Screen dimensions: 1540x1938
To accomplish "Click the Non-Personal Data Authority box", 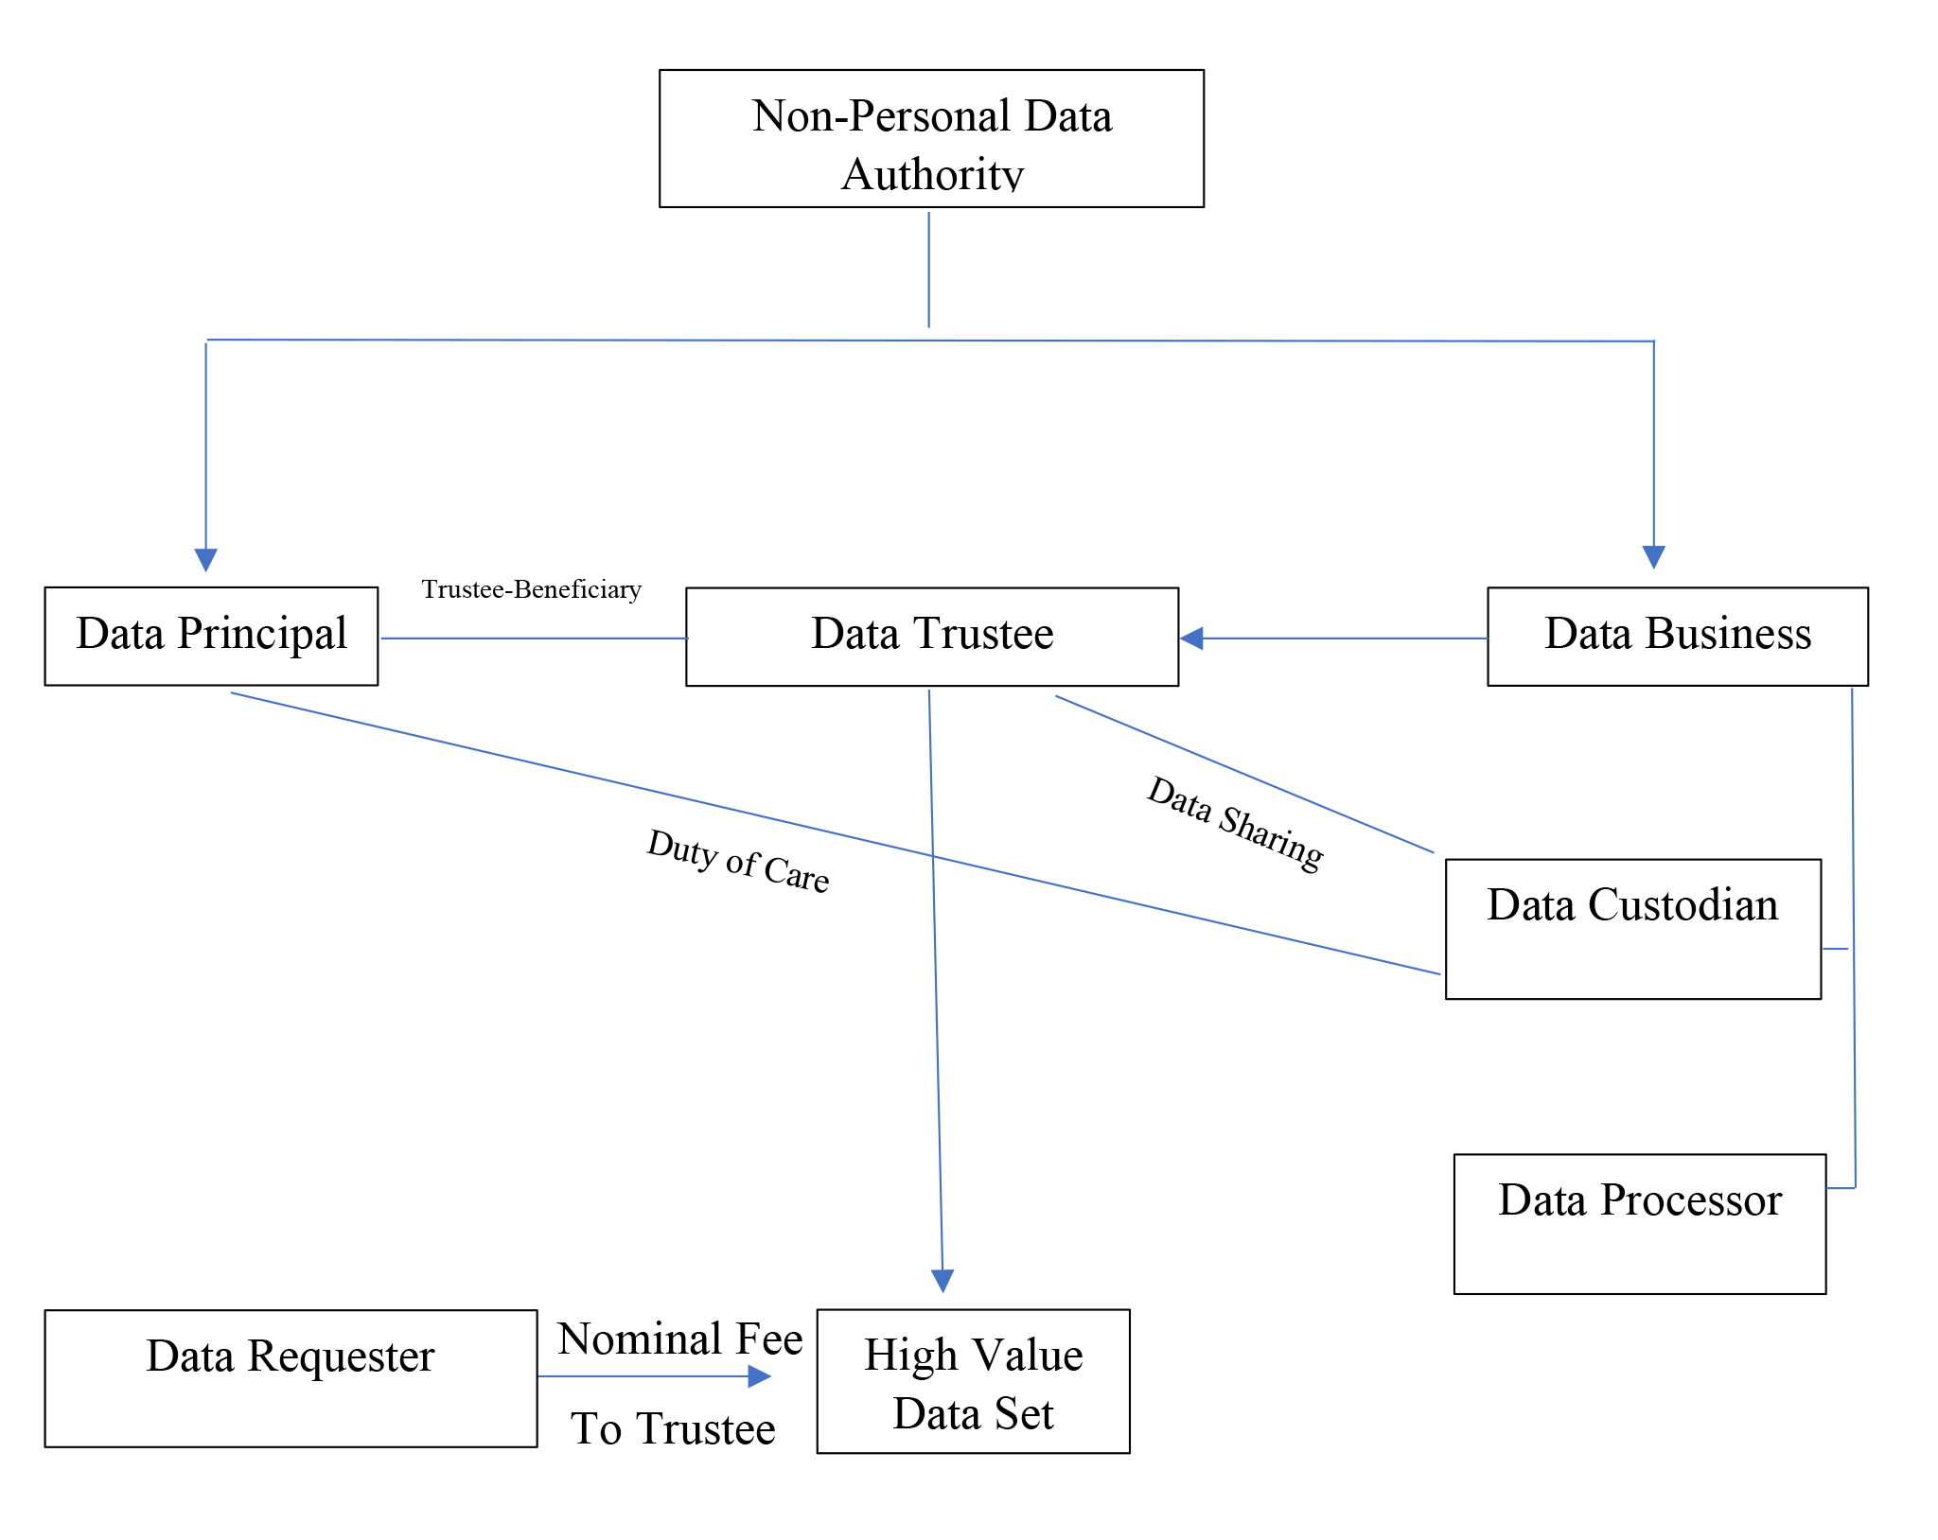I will point(931,138).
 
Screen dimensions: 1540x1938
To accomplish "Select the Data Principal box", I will point(211,636).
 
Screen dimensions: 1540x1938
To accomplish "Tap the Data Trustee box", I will point(931,637).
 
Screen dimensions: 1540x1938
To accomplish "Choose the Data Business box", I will point(1677,636).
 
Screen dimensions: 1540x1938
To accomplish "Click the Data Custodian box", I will point(1632,928).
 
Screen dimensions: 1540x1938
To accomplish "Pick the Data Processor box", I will point(1639,1223).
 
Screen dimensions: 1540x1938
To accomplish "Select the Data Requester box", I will point(291,1377).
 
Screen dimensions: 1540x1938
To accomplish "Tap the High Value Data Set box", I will point(973,1380).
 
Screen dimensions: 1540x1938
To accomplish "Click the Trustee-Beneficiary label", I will point(531,589).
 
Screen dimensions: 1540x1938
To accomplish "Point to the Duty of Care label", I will point(738,861).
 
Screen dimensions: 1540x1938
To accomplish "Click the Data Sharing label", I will point(1235,823).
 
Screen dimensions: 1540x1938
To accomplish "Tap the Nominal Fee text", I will point(679,1339).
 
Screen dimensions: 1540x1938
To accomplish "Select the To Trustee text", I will point(673,1428).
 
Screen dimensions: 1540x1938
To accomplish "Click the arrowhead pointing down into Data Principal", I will point(206,559).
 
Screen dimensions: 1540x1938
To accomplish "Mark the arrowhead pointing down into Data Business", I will point(1653,556).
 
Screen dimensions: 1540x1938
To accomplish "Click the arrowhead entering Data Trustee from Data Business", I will point(1192,639).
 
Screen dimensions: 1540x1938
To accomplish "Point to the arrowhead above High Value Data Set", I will point(943,1280).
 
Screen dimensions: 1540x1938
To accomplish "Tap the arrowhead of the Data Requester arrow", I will point(759,1376).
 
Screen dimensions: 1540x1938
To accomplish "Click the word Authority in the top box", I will point(931,174).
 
